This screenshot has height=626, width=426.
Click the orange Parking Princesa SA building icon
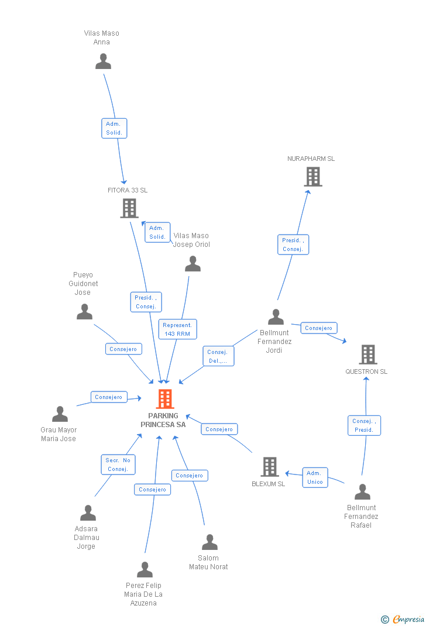click(165, 399)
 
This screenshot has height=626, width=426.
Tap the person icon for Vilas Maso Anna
click(103, 61)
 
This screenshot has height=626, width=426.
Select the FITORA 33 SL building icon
click(129, 208)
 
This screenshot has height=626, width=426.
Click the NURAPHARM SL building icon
click(313, 177)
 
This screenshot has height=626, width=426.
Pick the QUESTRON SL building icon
click(367, 354)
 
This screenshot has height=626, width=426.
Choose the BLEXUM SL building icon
click(270, 467)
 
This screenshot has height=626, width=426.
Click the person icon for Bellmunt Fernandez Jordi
click(276, 317)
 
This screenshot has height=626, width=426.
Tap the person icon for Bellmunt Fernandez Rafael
click(362, 492)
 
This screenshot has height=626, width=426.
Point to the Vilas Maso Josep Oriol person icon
click(193, 264)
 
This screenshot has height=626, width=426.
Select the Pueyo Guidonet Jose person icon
click(84, 312)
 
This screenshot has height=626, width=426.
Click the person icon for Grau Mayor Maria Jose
click(60, 414)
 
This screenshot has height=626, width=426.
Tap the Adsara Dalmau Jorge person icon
click(88, 513)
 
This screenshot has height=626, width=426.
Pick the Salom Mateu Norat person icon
click(209, 542)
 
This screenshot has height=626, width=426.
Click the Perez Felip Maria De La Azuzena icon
click(145, 570)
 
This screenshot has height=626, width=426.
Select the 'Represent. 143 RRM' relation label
click(177, 329)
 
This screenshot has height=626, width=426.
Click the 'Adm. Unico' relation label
click(315, 477)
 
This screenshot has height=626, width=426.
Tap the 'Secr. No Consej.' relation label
click(118, 465)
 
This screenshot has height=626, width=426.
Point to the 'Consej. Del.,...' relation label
click(218, 356)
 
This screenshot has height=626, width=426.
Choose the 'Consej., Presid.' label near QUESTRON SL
click(364, 425)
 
